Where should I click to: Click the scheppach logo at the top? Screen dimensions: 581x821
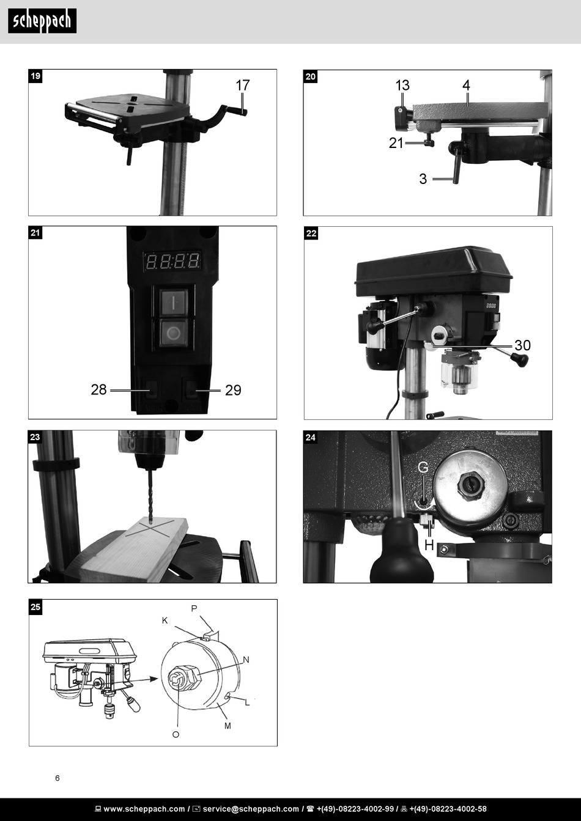click(x=42, y=21)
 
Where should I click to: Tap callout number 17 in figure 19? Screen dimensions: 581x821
click(x=243, y=85)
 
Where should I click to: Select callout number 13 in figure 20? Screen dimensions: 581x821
click(x=402, y=85)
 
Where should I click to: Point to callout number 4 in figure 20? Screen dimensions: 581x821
click(x=467, y=85)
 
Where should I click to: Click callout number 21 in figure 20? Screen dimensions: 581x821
click(x=396, y=143)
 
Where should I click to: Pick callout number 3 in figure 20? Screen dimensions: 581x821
click(x=423, y=179)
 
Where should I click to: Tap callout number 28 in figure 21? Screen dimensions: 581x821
click(x=98, y=389)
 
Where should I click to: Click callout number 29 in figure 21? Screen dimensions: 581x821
click(x=233, y=390)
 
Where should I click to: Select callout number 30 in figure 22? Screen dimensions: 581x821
click(x=522, y=345)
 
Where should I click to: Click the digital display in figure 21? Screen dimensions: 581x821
click(x=172, y=262)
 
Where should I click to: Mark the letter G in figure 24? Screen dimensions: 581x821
click(x=423, y=468)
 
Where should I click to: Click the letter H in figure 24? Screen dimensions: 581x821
click(x=429, y=544)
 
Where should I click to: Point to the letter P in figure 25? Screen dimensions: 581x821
click(x=194, y=608)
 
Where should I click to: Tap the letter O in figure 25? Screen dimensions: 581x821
click(x=176, y=734)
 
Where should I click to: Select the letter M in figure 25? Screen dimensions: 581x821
click(x=228, y=726)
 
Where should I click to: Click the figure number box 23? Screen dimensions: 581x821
click(x=35, y=437)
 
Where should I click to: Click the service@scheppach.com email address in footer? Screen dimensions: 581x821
click(x=251, y=809)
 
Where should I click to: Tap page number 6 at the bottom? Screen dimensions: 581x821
click(x=57, y=778)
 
